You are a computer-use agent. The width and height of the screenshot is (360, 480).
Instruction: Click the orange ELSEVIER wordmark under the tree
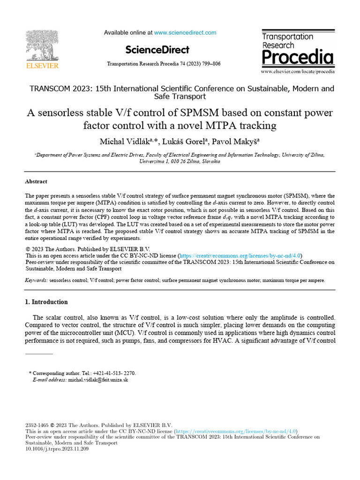42,66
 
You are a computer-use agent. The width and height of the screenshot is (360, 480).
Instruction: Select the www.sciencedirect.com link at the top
185,33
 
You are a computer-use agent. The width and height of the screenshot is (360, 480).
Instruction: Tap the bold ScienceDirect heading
157,50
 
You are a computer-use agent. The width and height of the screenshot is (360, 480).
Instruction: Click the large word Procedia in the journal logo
298,58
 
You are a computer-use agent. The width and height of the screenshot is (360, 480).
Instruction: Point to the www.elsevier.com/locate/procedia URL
298,72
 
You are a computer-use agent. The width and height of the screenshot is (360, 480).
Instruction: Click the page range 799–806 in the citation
210,64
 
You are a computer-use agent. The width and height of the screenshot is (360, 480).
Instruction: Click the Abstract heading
36,181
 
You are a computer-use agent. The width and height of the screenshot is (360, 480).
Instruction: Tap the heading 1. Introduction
46,302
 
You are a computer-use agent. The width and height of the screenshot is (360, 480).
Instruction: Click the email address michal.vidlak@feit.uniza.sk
98,380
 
